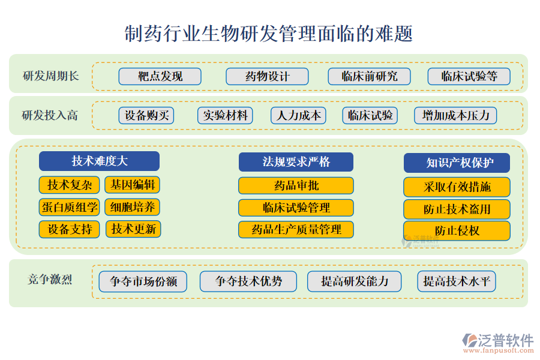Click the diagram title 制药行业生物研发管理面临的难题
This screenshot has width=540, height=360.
[x=269, y=34]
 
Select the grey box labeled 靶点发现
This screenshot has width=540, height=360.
[x=160, y=76]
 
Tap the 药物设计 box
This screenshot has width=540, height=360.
[x=267, y=76]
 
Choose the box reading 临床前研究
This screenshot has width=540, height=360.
[x=369, y=76]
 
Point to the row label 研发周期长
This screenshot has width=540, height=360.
[x=51, y=76]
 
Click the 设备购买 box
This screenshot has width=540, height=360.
[x=146, y=115]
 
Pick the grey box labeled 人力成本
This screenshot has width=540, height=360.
[x=298, y=115]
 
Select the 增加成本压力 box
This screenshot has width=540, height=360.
[x=455, y=115]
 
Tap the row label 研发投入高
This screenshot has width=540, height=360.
[x=50, y=115]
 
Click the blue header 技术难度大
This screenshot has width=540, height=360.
[x=99, y=161]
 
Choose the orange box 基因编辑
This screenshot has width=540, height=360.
[x=132, y=185]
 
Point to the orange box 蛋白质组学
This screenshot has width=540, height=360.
[x=69, y=208]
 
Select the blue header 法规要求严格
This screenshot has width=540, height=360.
[x=296, y=162]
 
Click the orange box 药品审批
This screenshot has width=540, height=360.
[x=296, y=185]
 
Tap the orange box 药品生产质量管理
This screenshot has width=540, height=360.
[x=296, y=229]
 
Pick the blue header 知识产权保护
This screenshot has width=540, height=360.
[x=457, y=163]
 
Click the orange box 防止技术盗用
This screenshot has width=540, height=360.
[x=457, y=209]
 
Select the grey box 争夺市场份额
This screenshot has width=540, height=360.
[x=143, y=281]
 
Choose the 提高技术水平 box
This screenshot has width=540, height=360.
[x=457, y=281]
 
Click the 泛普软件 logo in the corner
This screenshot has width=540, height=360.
[x=498, y=343]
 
